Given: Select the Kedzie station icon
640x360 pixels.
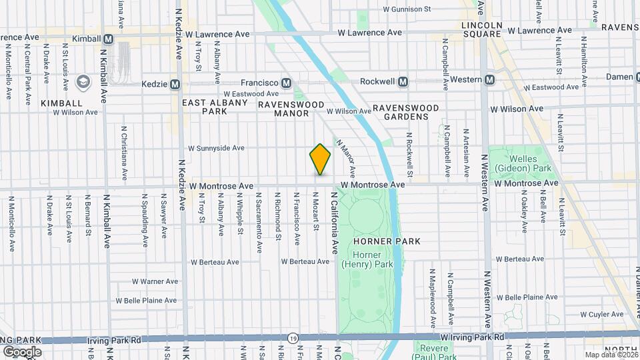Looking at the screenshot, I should tap(175, 85).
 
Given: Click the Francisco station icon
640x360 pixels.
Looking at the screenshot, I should tap(286, 83).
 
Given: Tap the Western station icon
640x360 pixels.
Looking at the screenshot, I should tap(489, 80).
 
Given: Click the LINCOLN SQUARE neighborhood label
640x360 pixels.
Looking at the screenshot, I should tap(481, 29).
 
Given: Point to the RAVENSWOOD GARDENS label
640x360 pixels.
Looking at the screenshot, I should tap(405, 112).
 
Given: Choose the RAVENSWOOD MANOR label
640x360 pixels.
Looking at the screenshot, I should tap(283, 109).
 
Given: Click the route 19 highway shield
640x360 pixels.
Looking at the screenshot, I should tap(293, 339).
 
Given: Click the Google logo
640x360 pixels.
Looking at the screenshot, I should tap(21, 351).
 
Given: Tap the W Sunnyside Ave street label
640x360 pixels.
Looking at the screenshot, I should tap(216, 148).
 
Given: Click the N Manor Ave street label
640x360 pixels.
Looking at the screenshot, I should tap(347, 158).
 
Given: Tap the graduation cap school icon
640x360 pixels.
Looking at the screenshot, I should tap(83, 83).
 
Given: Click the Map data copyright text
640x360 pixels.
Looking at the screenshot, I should tap(611, 355).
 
